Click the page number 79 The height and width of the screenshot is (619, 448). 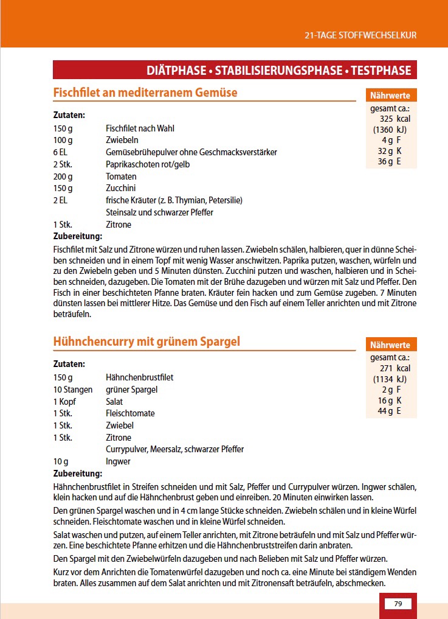[x=398, y=603]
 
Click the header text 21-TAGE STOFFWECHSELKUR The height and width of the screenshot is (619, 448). [x=360, y=35]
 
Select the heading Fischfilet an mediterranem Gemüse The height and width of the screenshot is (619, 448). [x=145, y=93]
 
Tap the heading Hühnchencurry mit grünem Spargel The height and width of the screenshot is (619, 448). [x=146, y=341]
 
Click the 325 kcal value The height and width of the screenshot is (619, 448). [x=395, y=119]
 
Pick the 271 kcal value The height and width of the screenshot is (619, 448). [x=395, y=368]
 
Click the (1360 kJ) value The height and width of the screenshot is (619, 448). [x=390, y=130]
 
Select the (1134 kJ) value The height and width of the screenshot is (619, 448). [x=390, y=379]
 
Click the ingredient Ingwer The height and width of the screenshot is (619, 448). [x=118, y=461]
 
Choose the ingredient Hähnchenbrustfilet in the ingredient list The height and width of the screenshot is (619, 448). [x=139, y=377]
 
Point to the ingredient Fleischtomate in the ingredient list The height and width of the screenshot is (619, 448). [x=130, y=413]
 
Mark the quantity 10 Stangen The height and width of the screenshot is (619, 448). [x=73, y=390]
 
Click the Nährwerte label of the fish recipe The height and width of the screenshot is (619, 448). [x=390, y=96]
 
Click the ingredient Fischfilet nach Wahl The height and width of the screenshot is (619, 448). [x=140, y=128]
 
